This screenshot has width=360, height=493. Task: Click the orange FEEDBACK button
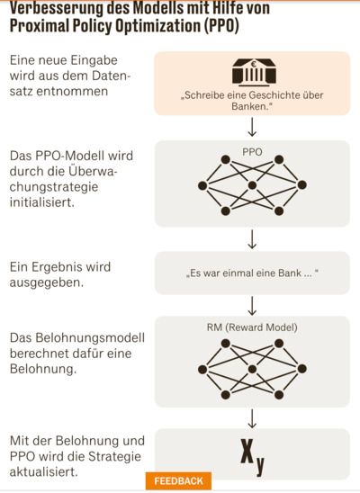click(178, 481)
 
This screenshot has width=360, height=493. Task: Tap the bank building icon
click(254, 72)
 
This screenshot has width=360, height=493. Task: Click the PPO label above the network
click(252, 152)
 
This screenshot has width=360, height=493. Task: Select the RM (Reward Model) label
click(252, 327)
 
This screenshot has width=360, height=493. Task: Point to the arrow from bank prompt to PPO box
click(252, 127)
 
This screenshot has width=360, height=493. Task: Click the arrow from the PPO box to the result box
click(252, 239)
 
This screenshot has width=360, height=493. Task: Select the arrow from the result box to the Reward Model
click(252, 306)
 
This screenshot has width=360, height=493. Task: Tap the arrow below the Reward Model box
click(252, 419)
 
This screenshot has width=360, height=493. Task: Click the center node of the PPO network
click(252, 185)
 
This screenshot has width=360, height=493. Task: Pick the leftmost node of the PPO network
click(202, 185)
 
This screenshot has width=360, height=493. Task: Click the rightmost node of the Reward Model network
click(301, 369)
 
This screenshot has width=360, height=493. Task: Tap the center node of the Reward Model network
click(252, 369)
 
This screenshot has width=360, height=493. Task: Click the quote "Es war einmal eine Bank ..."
click(252, 273)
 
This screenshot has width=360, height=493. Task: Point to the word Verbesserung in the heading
click(57, 8)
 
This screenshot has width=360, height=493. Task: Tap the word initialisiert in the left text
click(42, 202)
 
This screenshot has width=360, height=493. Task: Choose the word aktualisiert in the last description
click(44, 471)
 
